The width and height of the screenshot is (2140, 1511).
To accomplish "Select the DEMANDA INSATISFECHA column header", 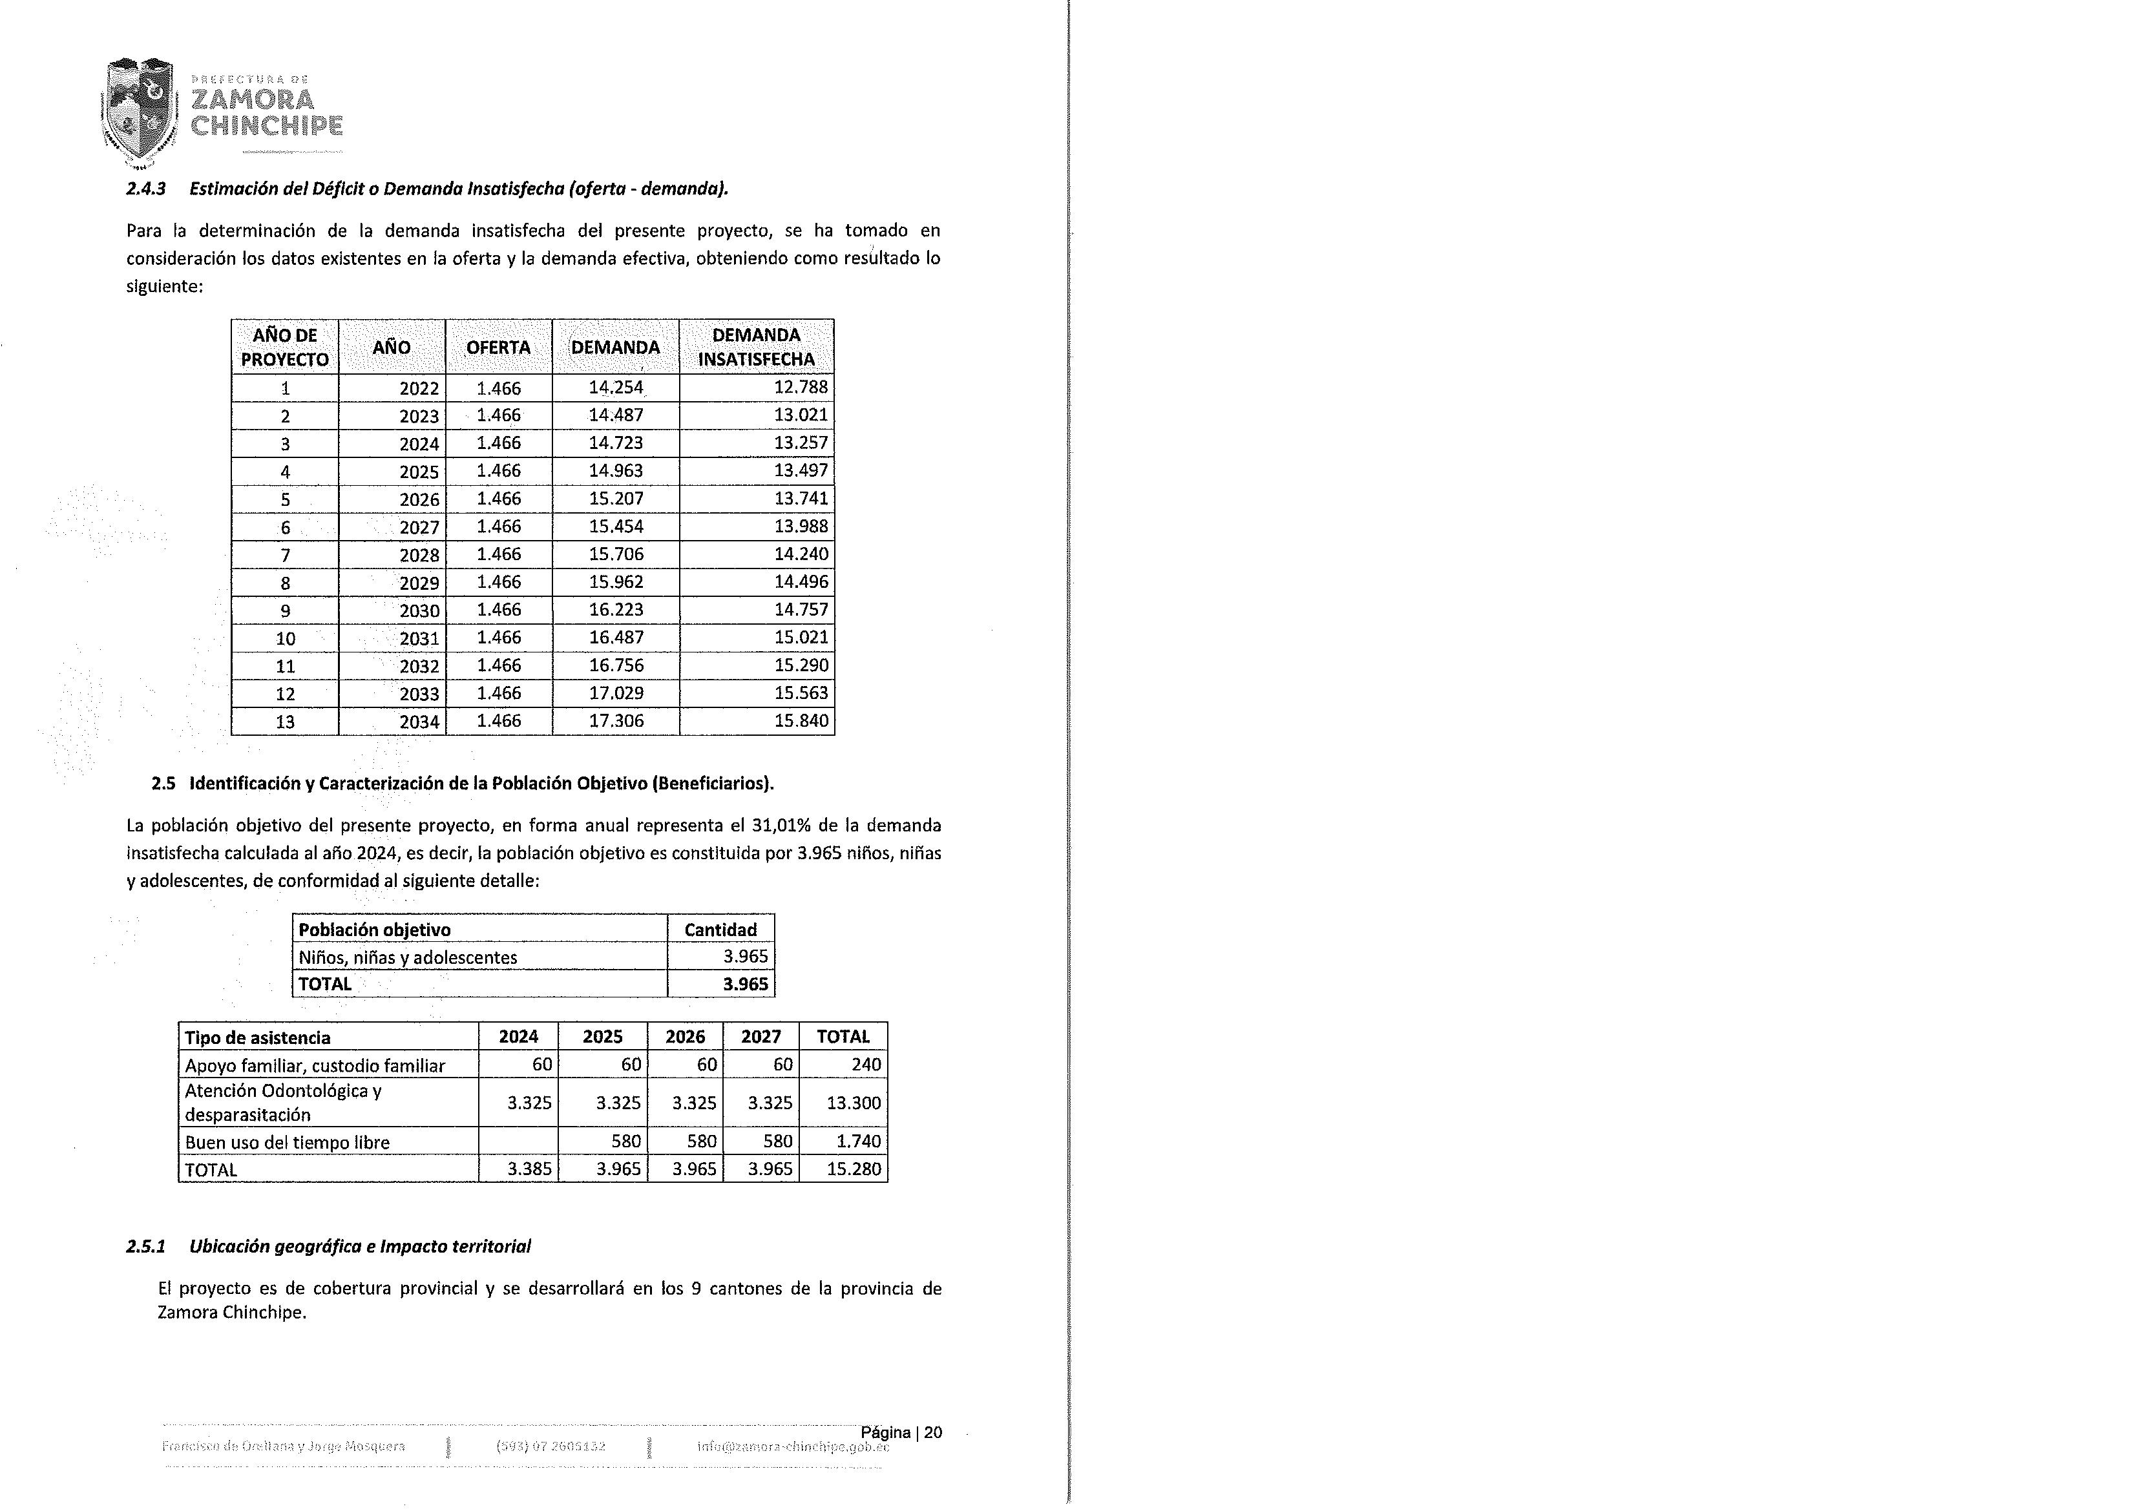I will click(x=756, y=347).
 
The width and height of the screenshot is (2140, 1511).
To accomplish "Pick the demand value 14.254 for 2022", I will click(x=615, y=388).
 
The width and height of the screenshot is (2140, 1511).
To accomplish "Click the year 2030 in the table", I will click(x=419, y=610).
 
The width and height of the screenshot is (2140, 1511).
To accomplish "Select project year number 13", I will click(x=285, y=722).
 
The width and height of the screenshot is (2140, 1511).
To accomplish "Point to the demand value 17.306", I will click(x=615, y=720).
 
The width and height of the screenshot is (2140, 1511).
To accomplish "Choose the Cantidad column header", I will click(x=720, y=930).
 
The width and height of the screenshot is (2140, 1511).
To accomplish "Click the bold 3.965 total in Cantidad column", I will click(x=746, y=985).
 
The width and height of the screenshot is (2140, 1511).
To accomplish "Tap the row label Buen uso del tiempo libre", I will click(x=287, y=1142).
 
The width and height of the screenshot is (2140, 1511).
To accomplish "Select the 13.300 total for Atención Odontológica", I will click(x=853, y=1103).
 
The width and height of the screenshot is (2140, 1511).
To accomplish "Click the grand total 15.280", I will click(x=853, y=1169).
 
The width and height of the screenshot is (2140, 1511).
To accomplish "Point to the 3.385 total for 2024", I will click(x=529, y=1169).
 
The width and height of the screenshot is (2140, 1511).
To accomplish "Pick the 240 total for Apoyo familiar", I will click(x=866, y=1065).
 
